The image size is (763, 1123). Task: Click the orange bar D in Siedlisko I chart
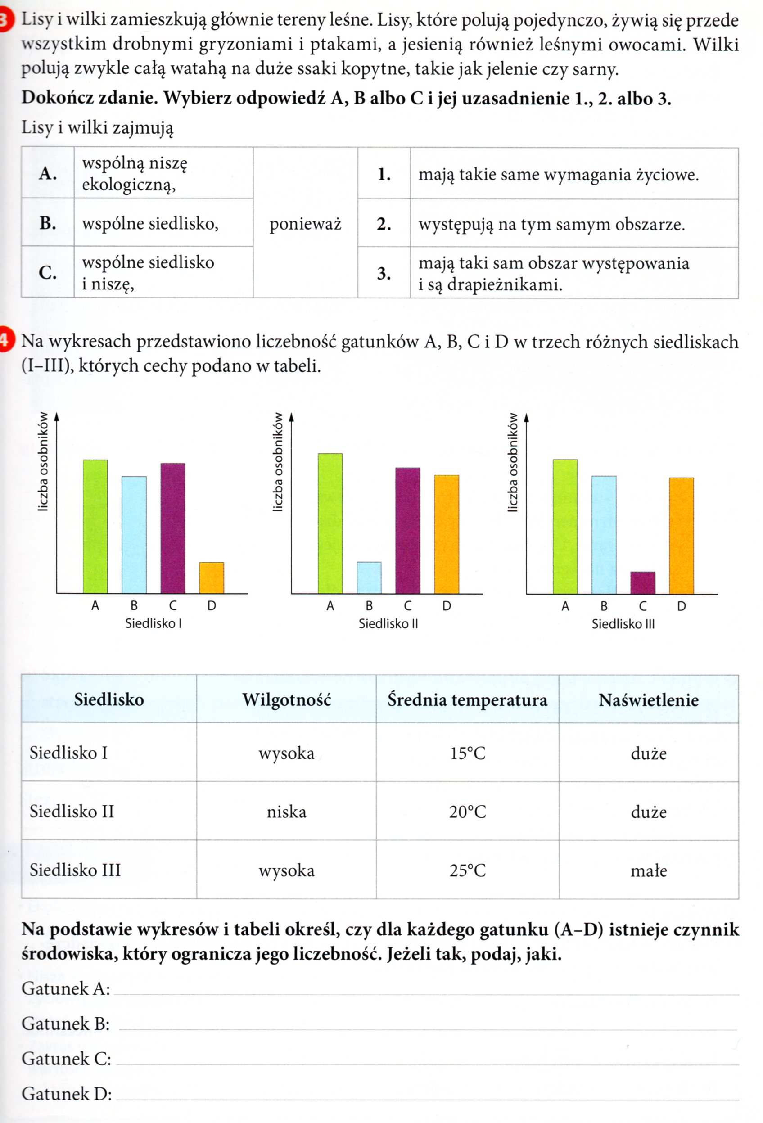click(212, 577)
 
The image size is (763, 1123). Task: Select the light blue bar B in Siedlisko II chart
click(369, 577)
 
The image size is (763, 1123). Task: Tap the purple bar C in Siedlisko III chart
click(643, 583)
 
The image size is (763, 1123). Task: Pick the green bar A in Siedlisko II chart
click(330, 523)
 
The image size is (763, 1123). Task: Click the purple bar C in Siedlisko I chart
click(172, 528)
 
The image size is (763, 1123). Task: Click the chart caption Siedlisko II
click(388, 624)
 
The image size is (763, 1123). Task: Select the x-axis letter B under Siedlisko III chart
click(604, 606)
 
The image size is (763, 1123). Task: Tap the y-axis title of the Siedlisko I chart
click(44, 461)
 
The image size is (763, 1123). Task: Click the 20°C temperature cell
click(467, 812)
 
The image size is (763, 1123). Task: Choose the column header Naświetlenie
click(649, 700)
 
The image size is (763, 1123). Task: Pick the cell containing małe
click(649, 871)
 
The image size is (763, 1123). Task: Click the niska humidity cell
click(287, 812)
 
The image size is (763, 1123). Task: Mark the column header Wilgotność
click(287, 700)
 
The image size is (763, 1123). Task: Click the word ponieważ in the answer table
click(305, 224)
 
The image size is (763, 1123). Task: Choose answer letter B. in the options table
click(47, 223)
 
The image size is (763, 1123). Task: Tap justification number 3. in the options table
click(384, 274)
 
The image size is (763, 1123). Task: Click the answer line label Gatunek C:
click(66, 1059)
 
